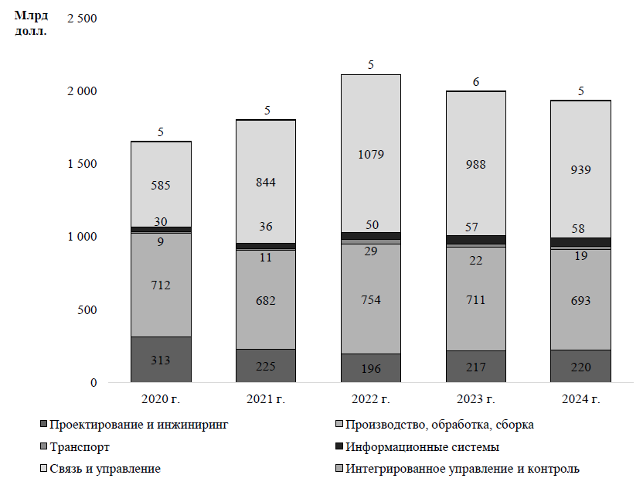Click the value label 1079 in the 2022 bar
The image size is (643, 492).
pyautogui.click(x=371, y=154)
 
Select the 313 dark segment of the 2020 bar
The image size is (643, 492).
pyautogui.click(x=161, y=360)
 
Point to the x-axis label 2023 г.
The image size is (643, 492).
pyautogui.click(x=475, y=399)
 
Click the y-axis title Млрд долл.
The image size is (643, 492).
pyautogui.click(x=31, y=23)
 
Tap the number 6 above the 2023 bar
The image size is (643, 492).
pyautogui.click(x=476, y=81)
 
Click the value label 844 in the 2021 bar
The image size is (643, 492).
pyautogui.click(x=266, y=183)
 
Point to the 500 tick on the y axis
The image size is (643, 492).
pyautogui.click(x=87, y=309)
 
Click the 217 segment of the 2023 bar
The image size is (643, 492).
pyautogui.click(x=476, y=366)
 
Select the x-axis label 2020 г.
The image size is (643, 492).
pyautogui.click(x=160, y=399)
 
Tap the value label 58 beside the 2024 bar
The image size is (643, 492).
pyautogui.click(x=580, y=230)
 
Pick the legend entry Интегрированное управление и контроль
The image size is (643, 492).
pyautogui.click(x=462, y=469)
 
